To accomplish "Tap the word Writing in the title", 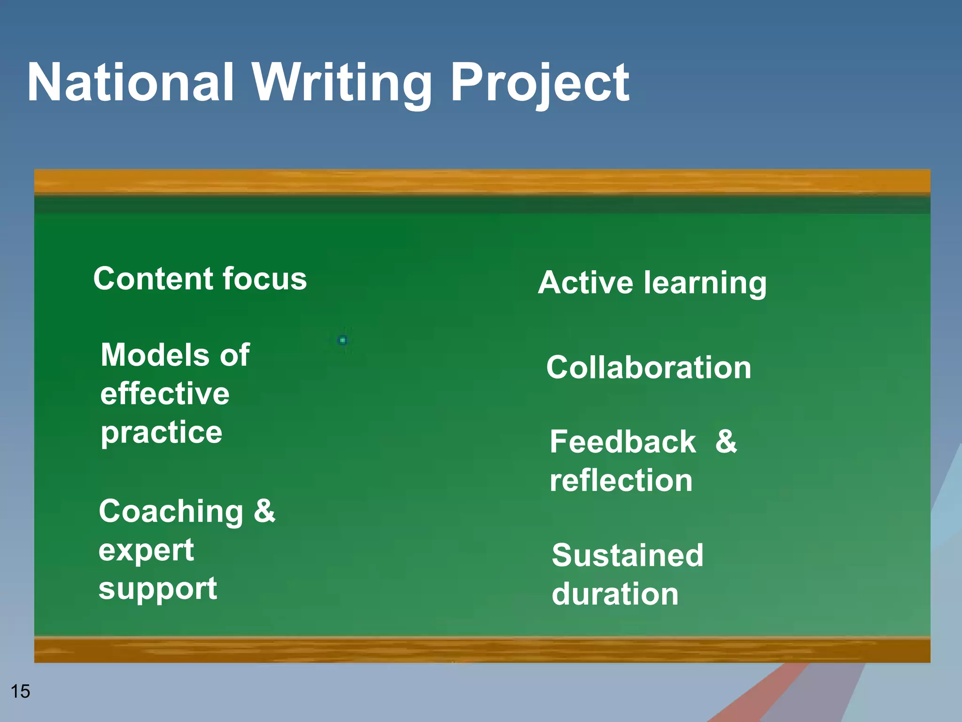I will pos(342,84).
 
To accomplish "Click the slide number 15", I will pos(20,691).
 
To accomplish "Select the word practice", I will pos(161,433).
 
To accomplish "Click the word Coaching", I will pos(171,511).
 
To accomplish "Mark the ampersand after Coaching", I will pos(264,510).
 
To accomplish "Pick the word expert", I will pos(146,551).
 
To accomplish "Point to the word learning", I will pos(705,283).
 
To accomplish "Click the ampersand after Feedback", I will pos(726,441).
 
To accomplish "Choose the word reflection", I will pos(621,480).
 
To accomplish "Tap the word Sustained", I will pos(628,555).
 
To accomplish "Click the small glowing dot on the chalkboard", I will pos(342,340).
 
